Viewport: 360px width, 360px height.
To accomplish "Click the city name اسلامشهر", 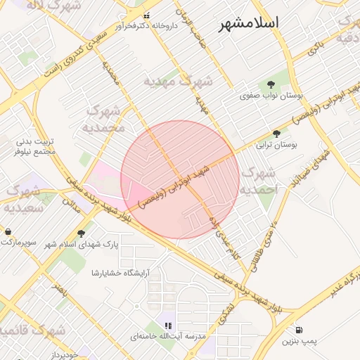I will [x=249, y=23].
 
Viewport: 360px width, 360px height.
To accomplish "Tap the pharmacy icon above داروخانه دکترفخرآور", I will [x=146, y=15].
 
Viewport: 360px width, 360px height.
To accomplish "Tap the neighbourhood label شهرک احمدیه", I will [x=260, y=179].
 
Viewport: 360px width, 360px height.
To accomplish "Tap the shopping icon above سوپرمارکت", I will [x=8, y=231].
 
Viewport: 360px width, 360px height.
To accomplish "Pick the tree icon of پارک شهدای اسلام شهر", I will [x=81, y=233].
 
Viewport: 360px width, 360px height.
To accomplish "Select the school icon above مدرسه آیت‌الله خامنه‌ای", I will [x=167, y=326].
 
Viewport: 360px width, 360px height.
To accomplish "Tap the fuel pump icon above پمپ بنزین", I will [x=300, y=329].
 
